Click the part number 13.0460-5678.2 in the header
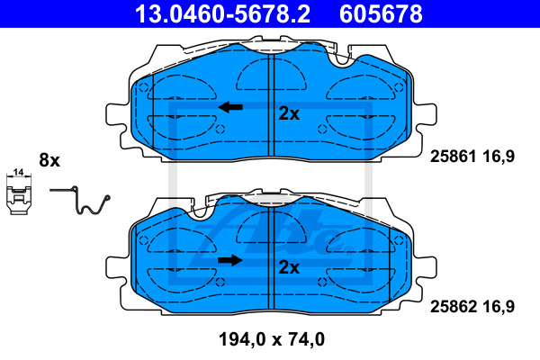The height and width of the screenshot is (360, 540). pos(222,13)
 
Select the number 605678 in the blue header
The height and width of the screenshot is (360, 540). pos(381,13)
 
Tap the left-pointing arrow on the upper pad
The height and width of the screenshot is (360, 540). pos(230,107)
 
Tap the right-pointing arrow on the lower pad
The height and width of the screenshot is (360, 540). pos(230,260)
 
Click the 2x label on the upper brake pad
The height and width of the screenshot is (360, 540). pos(289,113)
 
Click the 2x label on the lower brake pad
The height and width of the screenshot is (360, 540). pos(289,267)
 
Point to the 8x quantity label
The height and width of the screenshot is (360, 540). pos(49,160)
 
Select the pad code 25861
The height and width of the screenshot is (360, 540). pos(454,157)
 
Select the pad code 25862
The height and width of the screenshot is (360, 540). pos(454,306)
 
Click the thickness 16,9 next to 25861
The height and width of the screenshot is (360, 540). pos(499,157)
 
